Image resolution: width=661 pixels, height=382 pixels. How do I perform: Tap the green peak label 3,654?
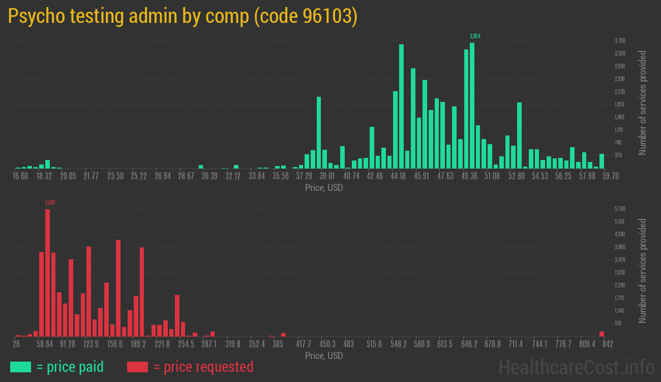click(x=475, y=36)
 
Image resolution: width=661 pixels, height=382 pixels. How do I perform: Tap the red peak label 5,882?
click(x=50, y=203)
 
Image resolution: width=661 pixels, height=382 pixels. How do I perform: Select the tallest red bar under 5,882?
click(x=47, y=272)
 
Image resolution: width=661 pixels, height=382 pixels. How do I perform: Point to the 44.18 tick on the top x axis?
click(x=398, y=176)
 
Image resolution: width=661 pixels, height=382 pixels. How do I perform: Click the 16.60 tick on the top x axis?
click(x=20, y=176)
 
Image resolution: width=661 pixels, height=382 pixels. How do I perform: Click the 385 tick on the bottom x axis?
click(x=278, y=344)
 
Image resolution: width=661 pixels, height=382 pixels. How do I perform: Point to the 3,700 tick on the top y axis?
click(x=619, y=41)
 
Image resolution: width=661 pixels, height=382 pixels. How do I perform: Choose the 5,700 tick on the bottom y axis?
click(x=619, y=209)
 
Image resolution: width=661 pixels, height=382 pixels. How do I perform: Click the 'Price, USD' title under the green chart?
click(x=324, y=188)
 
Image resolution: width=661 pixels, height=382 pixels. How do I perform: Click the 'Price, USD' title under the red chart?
click(x=324, y=356)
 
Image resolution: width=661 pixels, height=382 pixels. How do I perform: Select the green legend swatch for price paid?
click(x=20, y=367)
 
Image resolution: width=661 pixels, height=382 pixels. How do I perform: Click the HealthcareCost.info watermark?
click(x=576, y=367)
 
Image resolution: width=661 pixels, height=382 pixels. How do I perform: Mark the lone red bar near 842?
click(x=602, y=334)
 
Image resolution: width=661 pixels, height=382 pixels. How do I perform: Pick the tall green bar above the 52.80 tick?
click(x=519, y=135)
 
